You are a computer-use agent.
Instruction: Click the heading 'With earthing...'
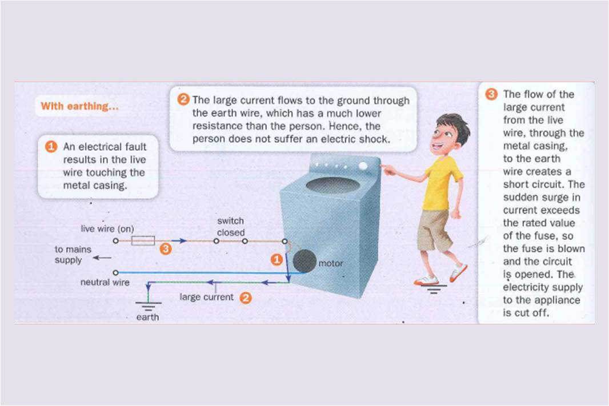tap(79, 106)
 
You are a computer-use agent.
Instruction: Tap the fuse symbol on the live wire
tap(143, 240)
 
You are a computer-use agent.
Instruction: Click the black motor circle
tap(304, 261)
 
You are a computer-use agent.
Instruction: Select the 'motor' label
tap(331, 263)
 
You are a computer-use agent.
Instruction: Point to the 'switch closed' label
tap(231, 227)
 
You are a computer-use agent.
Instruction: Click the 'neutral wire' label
tap(105, 282)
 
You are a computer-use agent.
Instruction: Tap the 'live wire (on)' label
tap(107, 228)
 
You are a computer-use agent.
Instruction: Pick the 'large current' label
tap(206, 297)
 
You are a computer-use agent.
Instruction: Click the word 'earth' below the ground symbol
tap(147, 317)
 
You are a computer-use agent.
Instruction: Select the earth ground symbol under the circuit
tap(148, 305)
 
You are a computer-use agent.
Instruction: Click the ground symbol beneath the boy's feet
tap(434, 289)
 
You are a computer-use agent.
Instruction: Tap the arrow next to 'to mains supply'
tap(102, 258)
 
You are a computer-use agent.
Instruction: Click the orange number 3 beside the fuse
tap(166, 249)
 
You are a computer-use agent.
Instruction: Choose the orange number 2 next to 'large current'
tap(246, 298)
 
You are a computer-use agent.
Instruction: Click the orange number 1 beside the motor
tap(277, 259)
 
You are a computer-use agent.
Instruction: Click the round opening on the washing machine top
tap(331, 185)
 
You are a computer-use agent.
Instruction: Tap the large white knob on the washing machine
tap(363, 166)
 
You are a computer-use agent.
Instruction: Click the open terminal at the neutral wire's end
tap(115, 272)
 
